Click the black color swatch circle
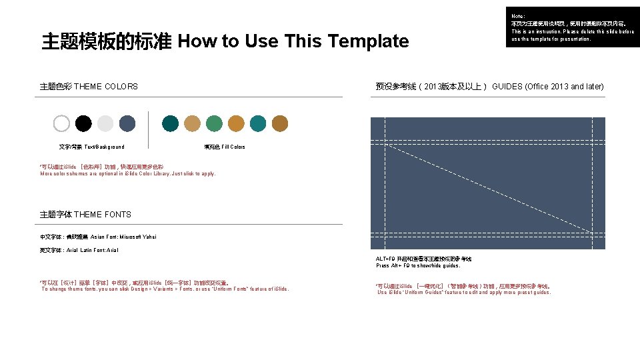click(83, 123)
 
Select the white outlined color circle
click(61, 123)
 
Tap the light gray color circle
click(105, 123)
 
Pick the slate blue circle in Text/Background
click(127, 123)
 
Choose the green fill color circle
click(214, 123)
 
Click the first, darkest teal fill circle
click(171, 123)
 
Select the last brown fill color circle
click(280, 123)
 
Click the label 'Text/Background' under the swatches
click(104, 147)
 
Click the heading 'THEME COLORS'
click(106, 87)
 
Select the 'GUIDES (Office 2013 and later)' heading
click(548, 87)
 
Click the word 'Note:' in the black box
click(518, 16)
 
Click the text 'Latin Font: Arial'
click(99, 250)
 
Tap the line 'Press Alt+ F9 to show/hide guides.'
click(418, 265)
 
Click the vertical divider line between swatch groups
click(149, 129)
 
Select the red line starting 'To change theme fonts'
click(165, 289)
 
